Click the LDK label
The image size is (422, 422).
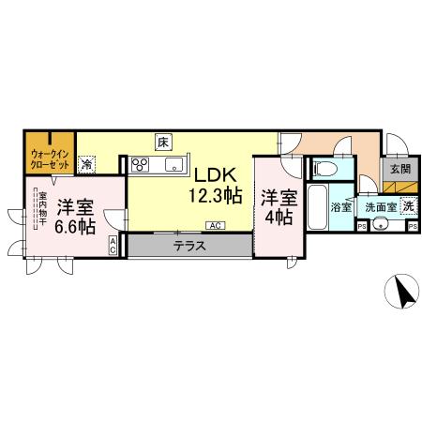(x=219, y=174)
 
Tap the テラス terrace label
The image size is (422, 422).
(x=190, y=247)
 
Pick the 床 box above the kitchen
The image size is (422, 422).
(x=163, y=143)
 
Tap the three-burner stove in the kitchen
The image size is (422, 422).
(x=142, y=166)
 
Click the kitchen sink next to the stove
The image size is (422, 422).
(x=174, y=166)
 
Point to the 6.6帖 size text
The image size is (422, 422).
(x=73, y=226)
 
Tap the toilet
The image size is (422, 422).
(x=325, y=168)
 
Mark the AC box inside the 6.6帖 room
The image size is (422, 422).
(x=113, y=247)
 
